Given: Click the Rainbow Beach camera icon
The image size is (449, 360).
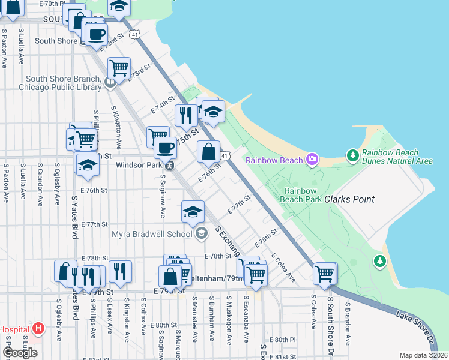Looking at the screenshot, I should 312,160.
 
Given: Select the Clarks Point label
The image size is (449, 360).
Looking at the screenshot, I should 349,199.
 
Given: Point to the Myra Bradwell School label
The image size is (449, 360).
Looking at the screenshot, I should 154,233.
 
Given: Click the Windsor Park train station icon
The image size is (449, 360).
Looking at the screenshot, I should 170,165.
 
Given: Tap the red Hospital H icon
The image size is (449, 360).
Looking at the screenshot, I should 39,328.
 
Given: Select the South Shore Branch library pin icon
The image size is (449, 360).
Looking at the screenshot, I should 110,83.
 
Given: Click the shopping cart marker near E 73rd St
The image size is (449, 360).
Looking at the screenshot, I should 119,68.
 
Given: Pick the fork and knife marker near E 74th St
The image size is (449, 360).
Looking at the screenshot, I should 186,114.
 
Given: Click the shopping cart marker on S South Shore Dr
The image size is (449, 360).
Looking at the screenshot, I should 325,274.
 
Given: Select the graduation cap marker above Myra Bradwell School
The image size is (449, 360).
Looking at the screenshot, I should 192,211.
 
